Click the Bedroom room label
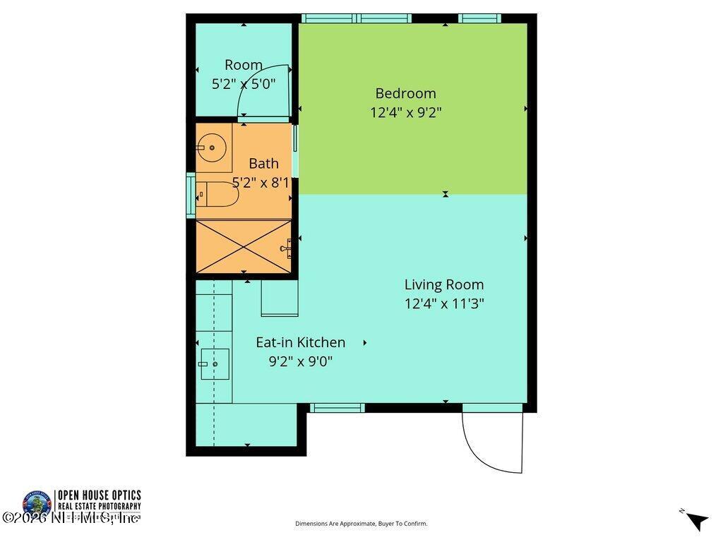[x=405, y=93]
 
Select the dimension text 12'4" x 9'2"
[x=405, y=112]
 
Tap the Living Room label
[x=443, y=284]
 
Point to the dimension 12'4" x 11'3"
[x=443, y=303]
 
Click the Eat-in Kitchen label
[x=300, y=342]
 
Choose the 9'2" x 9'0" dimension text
[x=300, y=361]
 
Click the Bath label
[x=263, y=163]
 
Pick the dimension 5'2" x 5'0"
[x=244, y=83]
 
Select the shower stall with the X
[x=243, y=246]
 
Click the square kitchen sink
[x=215, y=364]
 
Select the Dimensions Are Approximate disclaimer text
[x=361, y=524]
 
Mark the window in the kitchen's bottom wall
[x=337, y=408]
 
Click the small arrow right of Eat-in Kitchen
[x=365, y=342]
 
